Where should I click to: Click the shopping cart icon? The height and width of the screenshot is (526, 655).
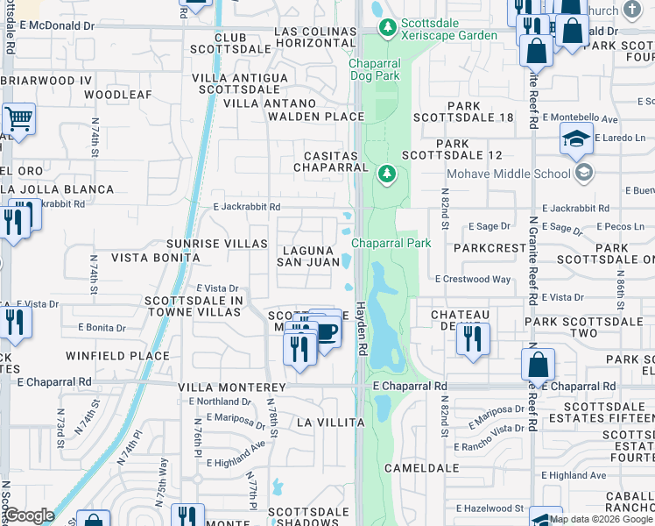(18, 120)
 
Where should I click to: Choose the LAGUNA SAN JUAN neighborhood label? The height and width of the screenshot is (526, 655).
(308, 255)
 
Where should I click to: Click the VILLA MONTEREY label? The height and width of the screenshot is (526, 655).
(232, 387)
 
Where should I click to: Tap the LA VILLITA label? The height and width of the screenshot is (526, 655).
(329, 422)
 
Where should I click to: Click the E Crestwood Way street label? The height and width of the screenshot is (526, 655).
(473, 279)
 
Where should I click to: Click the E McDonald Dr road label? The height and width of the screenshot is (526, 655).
(56, 26)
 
